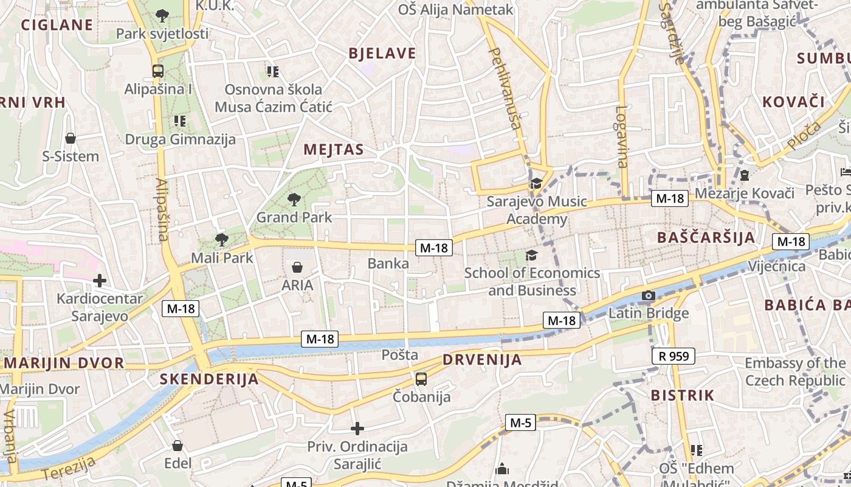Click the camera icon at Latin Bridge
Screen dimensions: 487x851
649,296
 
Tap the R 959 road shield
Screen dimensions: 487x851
674,356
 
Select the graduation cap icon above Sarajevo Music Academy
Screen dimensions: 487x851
536,183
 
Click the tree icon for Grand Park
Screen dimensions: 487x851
294,199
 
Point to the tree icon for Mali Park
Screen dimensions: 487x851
222,239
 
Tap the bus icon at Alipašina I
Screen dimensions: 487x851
158,71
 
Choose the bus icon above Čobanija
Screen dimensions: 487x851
421,379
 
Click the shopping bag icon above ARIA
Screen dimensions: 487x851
297,267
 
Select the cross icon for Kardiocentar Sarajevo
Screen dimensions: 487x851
100,281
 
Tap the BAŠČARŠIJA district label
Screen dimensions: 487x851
706,237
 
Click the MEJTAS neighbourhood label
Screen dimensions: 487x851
334,150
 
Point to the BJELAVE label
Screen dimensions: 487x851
382,54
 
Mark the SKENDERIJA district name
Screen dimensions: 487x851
209,379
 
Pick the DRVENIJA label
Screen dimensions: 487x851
482,360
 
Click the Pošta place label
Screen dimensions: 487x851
400,354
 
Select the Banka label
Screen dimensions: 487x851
388,264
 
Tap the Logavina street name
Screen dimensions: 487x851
621,137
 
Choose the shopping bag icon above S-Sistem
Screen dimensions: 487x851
71,138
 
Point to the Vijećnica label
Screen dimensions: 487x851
777,266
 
